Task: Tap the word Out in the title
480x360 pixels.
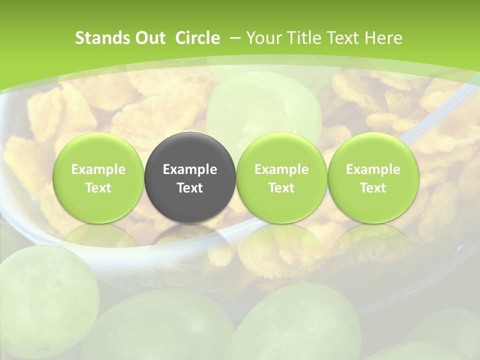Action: (x=149, y=38)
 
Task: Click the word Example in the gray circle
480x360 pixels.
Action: (x=190, y=169)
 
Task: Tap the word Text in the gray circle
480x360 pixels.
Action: (x=190, y=188)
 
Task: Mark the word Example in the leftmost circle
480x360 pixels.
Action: (x=98, y=169)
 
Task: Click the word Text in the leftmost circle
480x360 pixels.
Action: (x=98, y=188)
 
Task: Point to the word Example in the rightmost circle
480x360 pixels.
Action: (x=373, y=169)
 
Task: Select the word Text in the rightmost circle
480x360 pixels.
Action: (x=373, y=188)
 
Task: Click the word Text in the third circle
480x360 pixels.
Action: (x=281, y=188)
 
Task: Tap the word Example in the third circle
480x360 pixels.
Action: (x=281, y=169)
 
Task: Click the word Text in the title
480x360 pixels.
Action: (x=342, y=38)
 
